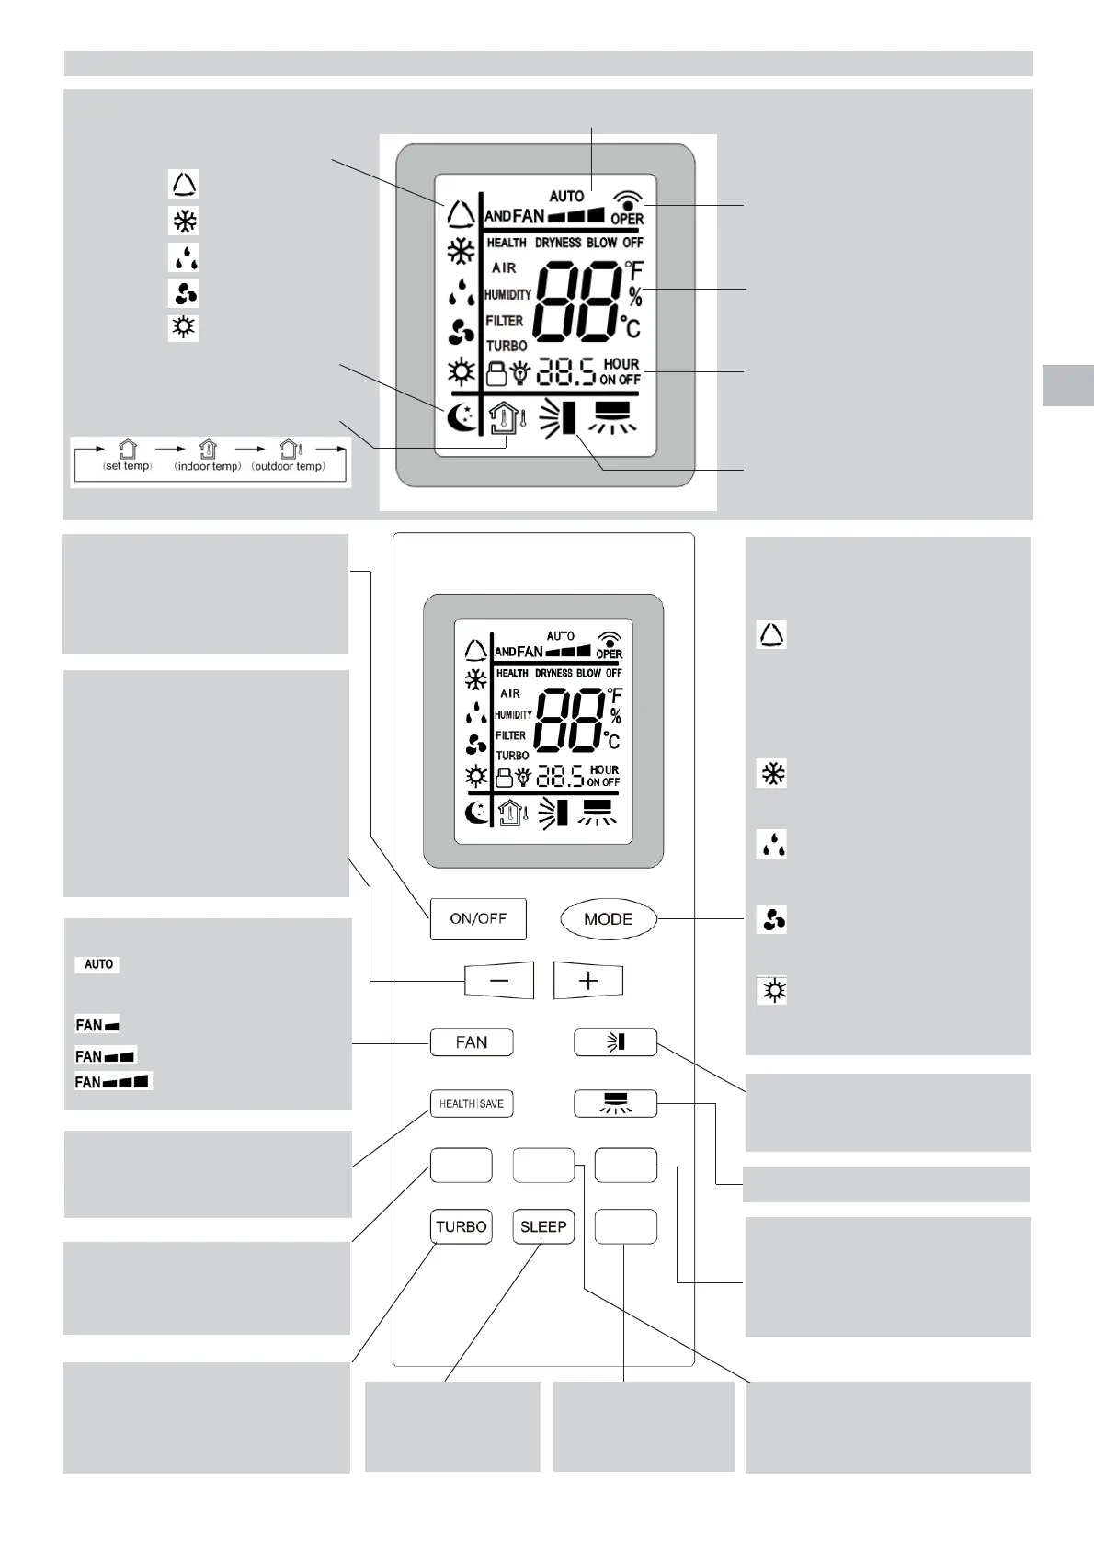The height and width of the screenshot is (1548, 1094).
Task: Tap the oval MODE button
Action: click(609, 918)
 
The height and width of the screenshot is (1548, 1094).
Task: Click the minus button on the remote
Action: click(498, 981)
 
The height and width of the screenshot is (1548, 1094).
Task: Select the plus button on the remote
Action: click(588, 981)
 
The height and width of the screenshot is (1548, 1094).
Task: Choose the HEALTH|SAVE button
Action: click(472, 1103)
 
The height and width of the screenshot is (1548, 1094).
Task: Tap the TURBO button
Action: click(462, 1226)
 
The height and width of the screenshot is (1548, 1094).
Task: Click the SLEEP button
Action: click(543, 1226)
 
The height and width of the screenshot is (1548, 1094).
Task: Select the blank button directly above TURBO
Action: click(462, 1165)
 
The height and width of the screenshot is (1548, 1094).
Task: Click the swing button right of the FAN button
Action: click(615, 1042)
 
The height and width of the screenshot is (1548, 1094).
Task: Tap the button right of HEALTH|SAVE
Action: click(615, 1103)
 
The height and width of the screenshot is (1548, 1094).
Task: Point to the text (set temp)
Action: click(127, 466)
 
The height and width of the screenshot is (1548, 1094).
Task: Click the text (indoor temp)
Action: click(208, 466)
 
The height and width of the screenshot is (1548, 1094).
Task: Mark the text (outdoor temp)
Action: click(289, 466)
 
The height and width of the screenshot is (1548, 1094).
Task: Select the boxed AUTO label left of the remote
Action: click(98, 964)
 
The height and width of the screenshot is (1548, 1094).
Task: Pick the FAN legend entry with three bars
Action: click(113, 1082)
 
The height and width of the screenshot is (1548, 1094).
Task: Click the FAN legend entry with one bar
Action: click(97, 1025)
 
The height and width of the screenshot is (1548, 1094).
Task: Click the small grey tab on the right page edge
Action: click(1068, 385)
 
